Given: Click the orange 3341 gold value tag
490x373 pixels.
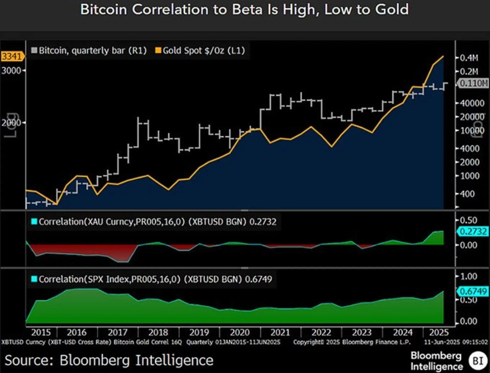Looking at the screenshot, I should pos(12,56).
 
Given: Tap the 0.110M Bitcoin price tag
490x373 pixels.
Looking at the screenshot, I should pos(473,83).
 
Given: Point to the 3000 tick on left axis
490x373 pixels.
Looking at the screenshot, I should pos(12,70).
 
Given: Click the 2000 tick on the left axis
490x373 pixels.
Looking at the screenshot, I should pos(12,122).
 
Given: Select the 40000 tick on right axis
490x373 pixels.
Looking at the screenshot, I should pos(470,102).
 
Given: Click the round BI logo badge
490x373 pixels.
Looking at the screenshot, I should pos(475,360).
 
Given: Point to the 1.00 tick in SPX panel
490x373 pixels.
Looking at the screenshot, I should pos(469,277).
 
